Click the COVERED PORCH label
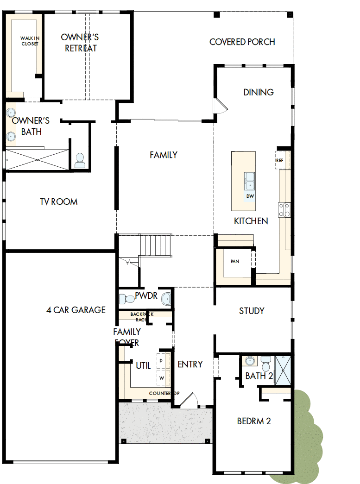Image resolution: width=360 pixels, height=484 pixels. (242, 42)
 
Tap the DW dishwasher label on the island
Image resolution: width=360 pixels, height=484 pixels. (250, 196)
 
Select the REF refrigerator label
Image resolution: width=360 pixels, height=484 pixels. (279, 160)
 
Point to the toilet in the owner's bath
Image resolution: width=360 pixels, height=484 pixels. (80, 161)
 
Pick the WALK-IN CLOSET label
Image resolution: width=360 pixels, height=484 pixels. (29, 41)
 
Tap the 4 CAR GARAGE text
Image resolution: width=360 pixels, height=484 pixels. (76, 310)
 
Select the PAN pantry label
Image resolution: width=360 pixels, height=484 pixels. (235, 261)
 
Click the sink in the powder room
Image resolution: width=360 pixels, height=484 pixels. (166, 299)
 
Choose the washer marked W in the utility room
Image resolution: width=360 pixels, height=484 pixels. (162, 377)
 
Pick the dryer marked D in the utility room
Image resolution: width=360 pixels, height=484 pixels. (161, 360)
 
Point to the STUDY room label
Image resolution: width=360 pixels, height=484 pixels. (252, 311)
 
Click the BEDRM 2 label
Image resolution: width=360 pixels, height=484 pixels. (253, 421)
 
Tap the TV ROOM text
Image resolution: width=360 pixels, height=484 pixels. (58, 202)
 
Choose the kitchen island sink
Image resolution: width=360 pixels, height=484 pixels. (250, 179)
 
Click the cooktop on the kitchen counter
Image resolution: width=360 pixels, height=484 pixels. (284, 209)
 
